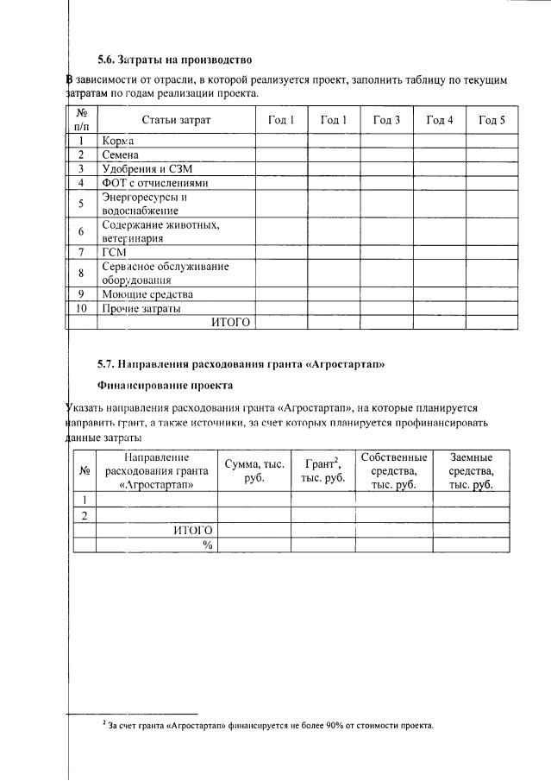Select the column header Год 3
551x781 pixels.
point(386,120)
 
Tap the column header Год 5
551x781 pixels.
point(492,120)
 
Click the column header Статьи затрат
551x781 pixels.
point(176,120)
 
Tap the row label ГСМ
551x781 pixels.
point(114,252)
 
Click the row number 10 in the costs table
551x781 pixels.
point(81,308)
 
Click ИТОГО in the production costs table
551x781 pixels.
point(230,322)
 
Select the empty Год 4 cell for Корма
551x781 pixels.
point(439,141)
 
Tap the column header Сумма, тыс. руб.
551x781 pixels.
point(254,470)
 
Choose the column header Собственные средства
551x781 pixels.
point(394,470)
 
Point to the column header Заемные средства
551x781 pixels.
point(471,470)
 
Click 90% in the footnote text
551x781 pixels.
point(338,725)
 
